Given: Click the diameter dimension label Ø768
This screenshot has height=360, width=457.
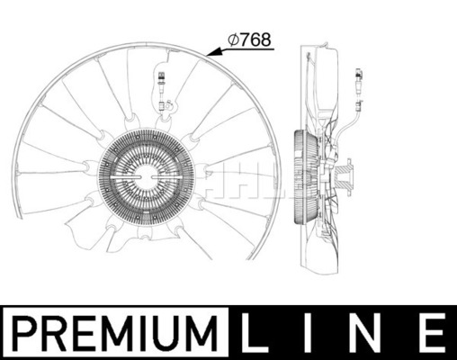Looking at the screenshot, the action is pos(249,40).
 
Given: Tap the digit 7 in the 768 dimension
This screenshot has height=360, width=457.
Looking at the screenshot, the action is pos(245,40).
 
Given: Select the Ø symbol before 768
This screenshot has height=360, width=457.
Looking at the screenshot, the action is pos(233,40).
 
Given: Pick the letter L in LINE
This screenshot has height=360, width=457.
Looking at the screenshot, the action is pos(255,333).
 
